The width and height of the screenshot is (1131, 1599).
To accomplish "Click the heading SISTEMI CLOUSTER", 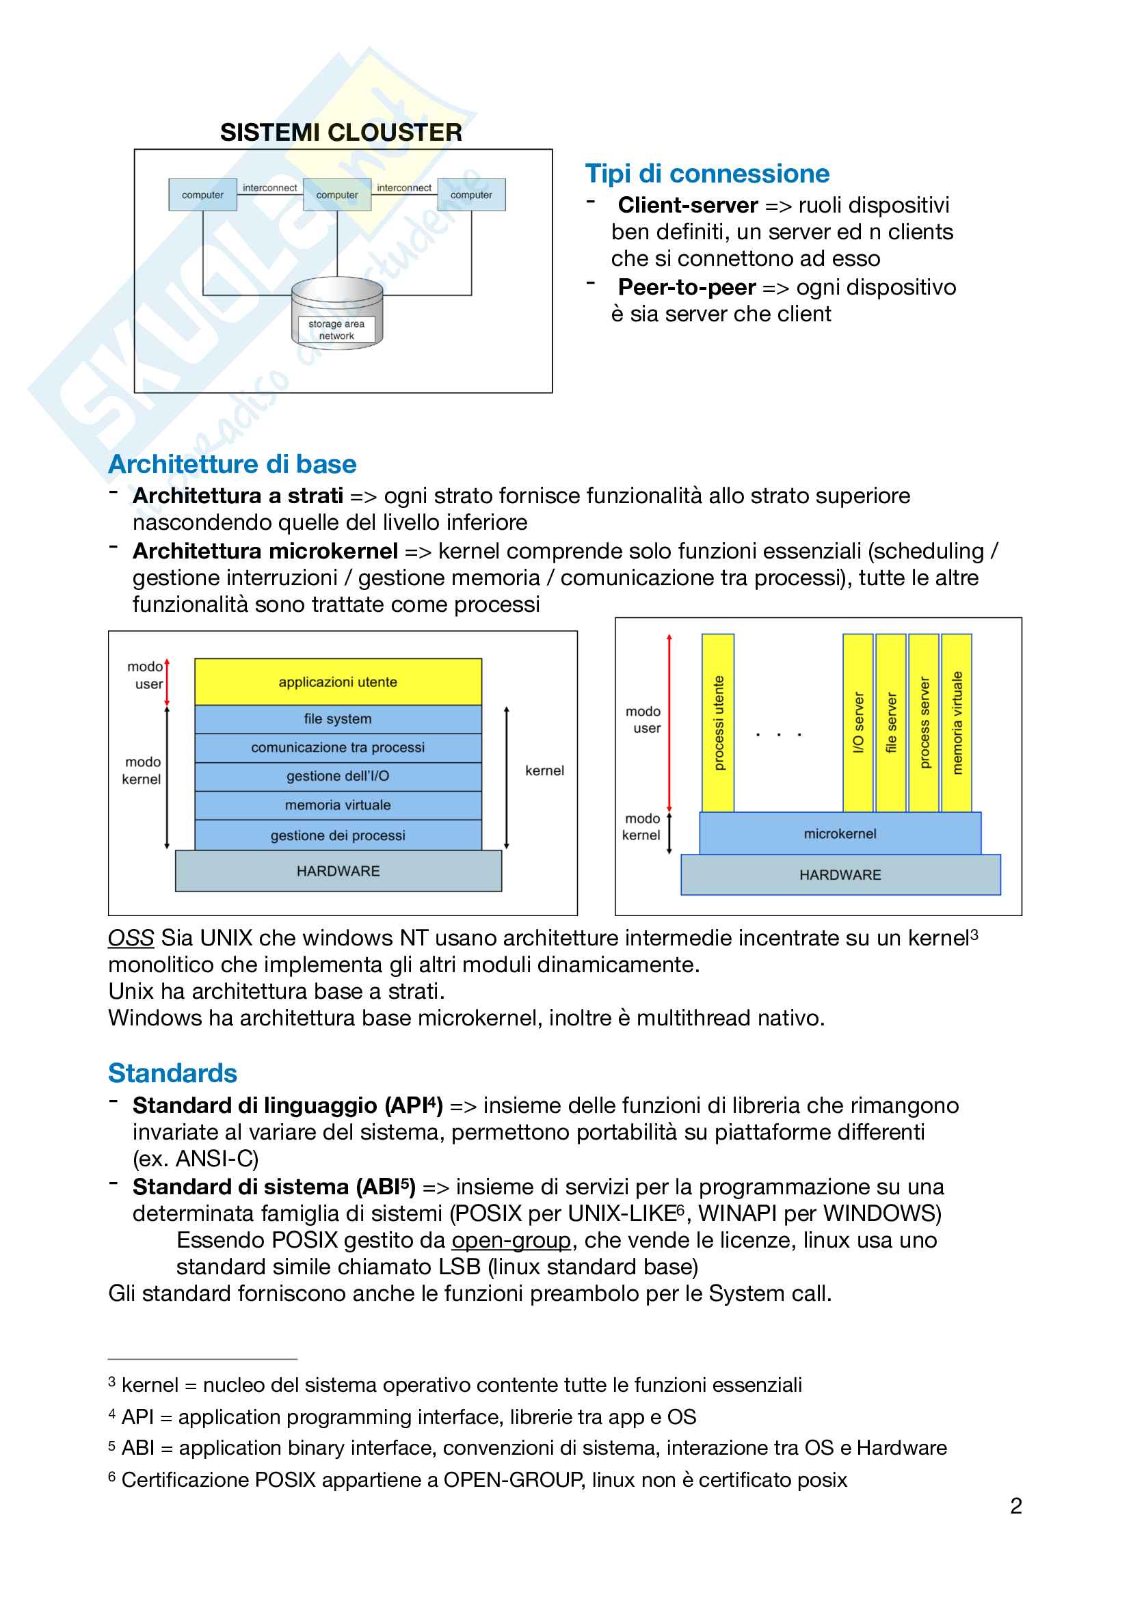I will tap(341, 133).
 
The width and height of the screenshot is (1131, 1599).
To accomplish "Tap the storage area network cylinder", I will tap(337, 312).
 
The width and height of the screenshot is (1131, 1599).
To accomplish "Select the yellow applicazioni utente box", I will tap(338, 682).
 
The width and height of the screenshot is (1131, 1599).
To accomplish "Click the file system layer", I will tap(338, 718).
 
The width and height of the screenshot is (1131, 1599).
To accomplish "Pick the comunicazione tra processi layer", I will tap(338, 747).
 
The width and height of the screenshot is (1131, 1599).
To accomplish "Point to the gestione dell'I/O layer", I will tap(338, 776).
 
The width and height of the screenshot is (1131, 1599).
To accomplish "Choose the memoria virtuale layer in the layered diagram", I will tap(338, 805).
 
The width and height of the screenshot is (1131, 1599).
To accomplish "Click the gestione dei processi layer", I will tap(338, 835).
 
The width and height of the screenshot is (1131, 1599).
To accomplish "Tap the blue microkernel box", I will tap(840, 833).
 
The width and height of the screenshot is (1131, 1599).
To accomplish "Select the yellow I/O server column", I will tap(858, 722).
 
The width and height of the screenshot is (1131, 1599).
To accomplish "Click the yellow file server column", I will tap(891, 722).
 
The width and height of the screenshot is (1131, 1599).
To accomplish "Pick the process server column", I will tap(924, 722).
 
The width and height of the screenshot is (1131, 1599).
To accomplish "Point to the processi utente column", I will tap(718, 722).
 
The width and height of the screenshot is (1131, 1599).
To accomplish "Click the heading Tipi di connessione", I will tap(707, 174).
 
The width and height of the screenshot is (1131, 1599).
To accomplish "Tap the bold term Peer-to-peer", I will tap(687, 287).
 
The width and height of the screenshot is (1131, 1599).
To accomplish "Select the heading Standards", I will tap(173, 1073).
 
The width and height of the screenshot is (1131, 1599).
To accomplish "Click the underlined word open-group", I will tap(511, 1240).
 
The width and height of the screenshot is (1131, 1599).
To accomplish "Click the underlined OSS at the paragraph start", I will tap(131, 938).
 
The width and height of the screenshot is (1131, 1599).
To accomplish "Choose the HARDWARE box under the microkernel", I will tap(840, 875).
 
